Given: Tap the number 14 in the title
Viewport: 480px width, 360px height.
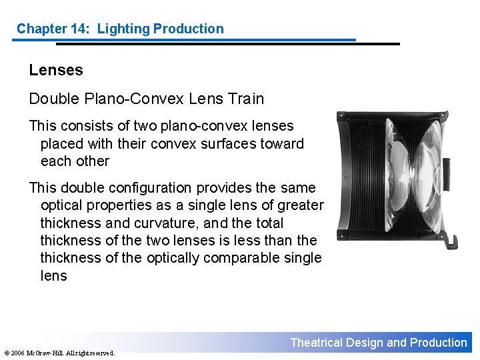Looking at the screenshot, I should pos(79,29).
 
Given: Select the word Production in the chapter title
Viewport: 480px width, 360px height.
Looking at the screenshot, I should pos(189,29).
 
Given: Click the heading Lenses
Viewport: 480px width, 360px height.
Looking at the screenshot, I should pos(56,70).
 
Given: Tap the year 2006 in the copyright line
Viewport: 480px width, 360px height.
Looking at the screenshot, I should pos(17,353).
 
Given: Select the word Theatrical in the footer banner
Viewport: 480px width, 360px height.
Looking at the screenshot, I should pos(317,343).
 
